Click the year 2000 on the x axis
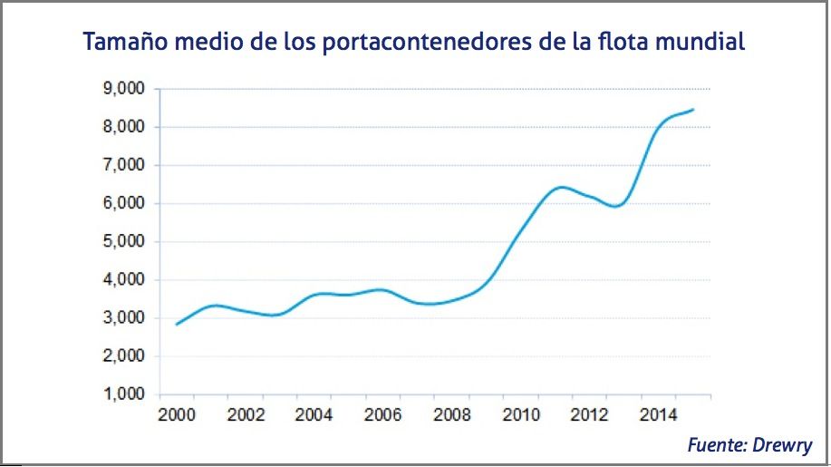176,415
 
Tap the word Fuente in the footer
716,445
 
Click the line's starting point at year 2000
177,324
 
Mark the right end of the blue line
693,110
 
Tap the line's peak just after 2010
563,187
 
